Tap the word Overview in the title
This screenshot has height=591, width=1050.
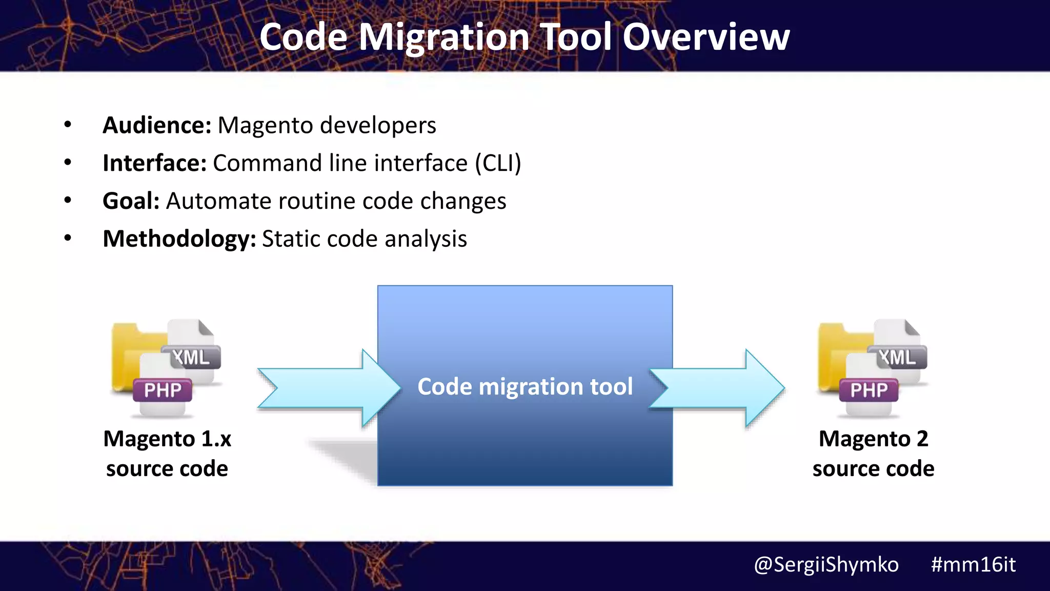tap(706, 37)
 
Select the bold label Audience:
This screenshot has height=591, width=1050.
tap(157, 125)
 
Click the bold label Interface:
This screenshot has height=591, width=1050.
tap(154, 163)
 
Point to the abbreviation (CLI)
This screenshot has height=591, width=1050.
tap(497, 163)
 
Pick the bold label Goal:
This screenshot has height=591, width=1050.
tap(131, 201)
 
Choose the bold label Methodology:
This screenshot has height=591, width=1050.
tap(179, 239)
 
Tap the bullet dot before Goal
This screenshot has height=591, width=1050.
tap(68, 200)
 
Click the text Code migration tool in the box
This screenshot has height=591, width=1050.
tap(525, 386)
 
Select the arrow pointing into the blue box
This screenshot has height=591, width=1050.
tap(328, 388)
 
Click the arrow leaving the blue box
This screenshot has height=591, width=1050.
tap(718, 388)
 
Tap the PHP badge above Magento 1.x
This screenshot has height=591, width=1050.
tap(163, 390)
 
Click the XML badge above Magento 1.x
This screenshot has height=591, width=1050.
tap(191, 357)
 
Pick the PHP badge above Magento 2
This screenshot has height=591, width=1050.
tap(869, 390)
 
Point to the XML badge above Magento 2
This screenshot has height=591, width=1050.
tap(897, 357)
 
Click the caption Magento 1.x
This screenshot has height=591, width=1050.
tap(167, 439)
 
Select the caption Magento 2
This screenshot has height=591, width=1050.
tap(873, 439)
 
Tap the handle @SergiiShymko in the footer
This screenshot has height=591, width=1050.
tap(826, 564)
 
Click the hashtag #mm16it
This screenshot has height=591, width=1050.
tap(973, 564)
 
